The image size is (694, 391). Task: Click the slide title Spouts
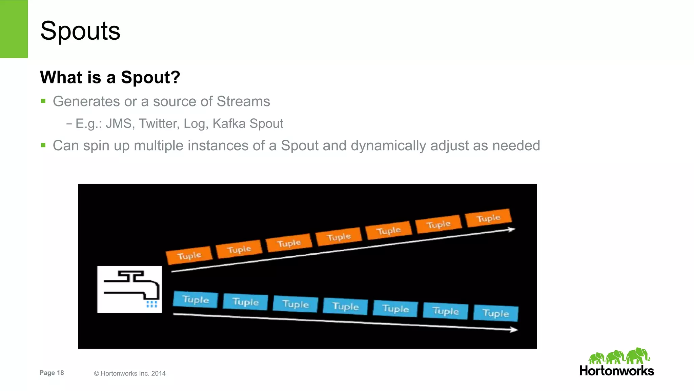pos(80,31)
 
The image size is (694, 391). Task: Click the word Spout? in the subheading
pos(150,77)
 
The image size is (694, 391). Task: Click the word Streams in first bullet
pos(243,101)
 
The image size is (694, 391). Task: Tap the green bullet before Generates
pos(43,101)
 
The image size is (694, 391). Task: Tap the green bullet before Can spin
pos(43,145)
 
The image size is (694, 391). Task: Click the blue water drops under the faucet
pos(151,304)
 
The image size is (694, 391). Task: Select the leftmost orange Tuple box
pos(189,255)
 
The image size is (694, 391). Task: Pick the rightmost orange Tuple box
pos(488,218)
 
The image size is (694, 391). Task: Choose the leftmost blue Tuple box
pos(195,299)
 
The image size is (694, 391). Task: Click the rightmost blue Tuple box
pos(495,313)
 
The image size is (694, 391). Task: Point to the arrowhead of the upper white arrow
pos(512,230)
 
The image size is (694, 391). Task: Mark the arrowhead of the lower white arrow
pos(514,329)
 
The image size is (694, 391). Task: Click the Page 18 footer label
pos(52,373)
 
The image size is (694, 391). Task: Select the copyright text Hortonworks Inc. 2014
pos(130,373)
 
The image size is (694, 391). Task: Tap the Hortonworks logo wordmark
pos(616,371)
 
